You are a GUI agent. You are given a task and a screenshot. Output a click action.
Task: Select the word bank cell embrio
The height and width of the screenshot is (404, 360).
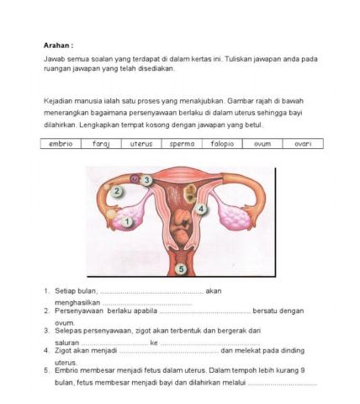[61, 144]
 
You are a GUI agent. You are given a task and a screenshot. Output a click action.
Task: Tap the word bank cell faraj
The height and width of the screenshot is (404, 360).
[101, 144]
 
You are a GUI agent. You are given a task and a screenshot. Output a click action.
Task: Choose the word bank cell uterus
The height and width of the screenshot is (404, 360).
[141, 144]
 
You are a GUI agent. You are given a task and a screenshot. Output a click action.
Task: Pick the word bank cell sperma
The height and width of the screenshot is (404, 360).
[182, 144]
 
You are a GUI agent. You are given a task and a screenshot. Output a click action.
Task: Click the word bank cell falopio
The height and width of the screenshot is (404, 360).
[222, 144]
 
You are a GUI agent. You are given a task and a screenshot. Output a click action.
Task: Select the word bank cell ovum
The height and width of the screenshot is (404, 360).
[262, 144]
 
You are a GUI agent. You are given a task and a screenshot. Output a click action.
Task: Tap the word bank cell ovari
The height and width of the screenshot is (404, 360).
[303, 144]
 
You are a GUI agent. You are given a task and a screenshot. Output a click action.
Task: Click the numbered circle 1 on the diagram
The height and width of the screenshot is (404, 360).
[127, 222]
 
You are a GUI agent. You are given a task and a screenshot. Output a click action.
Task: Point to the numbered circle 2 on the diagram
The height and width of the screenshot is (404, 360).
[118, 191]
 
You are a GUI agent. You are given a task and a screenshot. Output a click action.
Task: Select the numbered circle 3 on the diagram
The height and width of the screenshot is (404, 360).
[146, 180]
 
